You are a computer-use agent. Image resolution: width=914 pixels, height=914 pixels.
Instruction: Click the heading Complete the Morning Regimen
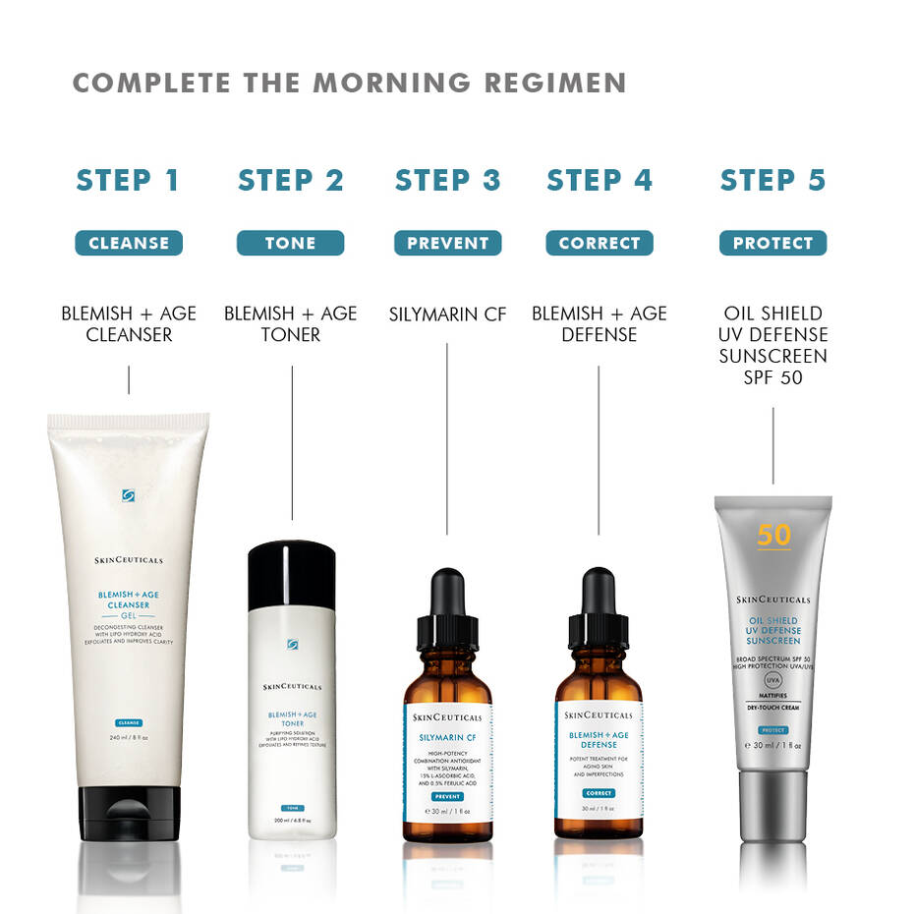[349, 83]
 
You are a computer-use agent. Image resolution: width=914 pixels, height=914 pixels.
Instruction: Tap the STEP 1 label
[128, 180]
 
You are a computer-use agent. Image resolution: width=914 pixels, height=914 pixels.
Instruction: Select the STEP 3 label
[447, 180]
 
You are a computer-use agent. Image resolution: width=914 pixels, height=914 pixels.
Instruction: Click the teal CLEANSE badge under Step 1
[129, 243]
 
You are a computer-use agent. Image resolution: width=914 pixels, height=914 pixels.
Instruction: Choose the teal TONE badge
[290, 243]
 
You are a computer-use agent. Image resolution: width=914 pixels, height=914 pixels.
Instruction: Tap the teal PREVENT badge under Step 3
[447, 243]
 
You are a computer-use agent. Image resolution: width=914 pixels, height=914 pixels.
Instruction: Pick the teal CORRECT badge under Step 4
[599, 243]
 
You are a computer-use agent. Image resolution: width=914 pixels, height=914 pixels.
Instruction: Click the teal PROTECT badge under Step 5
[772, 243]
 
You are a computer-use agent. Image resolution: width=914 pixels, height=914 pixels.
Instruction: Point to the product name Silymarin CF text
[447, 314]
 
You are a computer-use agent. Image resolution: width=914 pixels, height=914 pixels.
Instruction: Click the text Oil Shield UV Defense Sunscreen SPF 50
[772, 345]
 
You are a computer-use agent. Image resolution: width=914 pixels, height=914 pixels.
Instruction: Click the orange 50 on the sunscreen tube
[773, 535]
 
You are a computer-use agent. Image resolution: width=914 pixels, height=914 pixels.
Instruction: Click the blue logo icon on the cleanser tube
[129, 495]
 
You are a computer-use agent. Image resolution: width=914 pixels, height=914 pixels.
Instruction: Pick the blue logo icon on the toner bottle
[292, 644]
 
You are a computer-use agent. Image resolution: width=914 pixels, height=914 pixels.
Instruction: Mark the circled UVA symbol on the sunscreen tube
[773, 679]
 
